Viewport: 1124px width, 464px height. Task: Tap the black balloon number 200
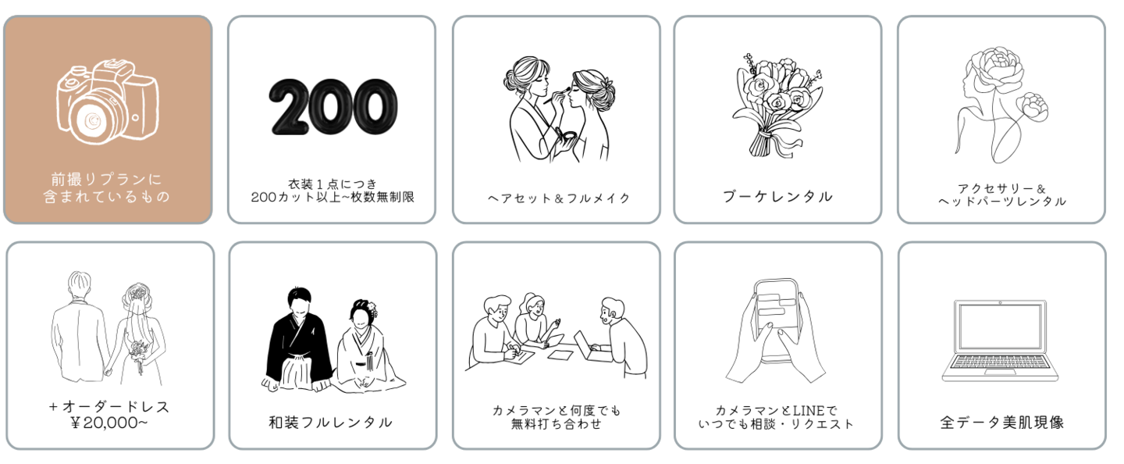(x=333, y=105)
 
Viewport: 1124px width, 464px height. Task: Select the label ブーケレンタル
(x=777, y=196)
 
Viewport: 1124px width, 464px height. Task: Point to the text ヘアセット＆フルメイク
(x=556, y=198)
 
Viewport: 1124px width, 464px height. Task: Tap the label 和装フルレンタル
(x=330, y=423)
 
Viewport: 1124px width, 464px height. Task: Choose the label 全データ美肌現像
(x=1001, y=423)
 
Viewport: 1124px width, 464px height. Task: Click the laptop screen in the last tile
(x=1001, y=326)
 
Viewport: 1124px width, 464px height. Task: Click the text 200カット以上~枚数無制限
(x=332, y=197)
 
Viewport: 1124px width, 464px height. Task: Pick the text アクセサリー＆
(x=1001, y=187)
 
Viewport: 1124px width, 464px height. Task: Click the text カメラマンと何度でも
(x=556, y=410)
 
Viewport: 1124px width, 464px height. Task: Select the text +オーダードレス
(x=109, y=406)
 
